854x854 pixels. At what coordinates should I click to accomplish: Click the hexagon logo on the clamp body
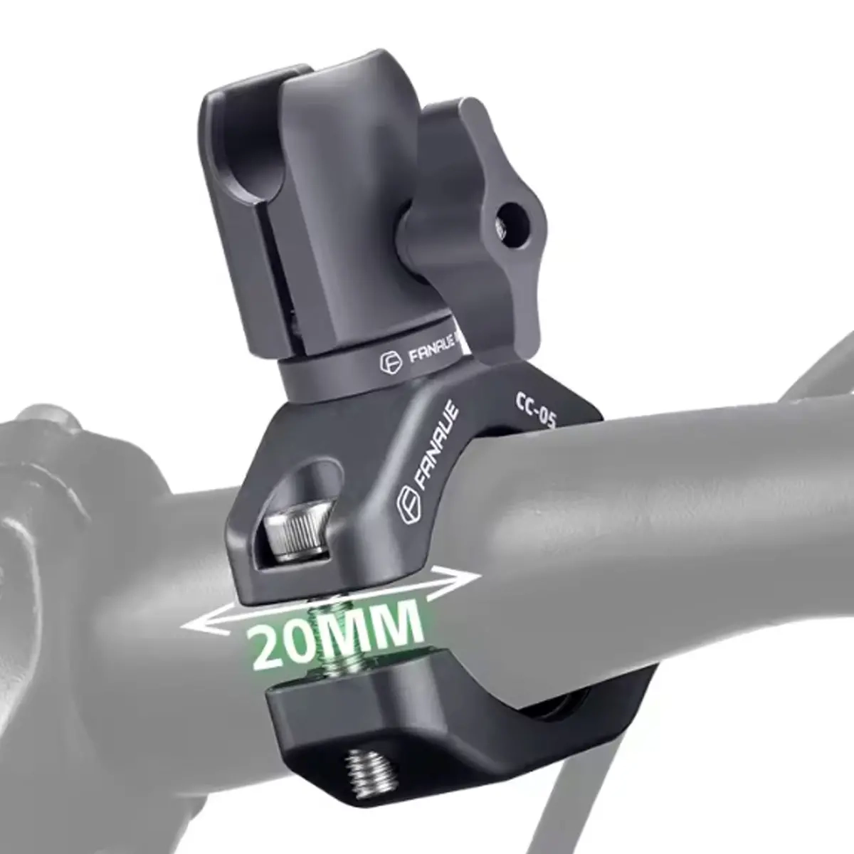(408, 506)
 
